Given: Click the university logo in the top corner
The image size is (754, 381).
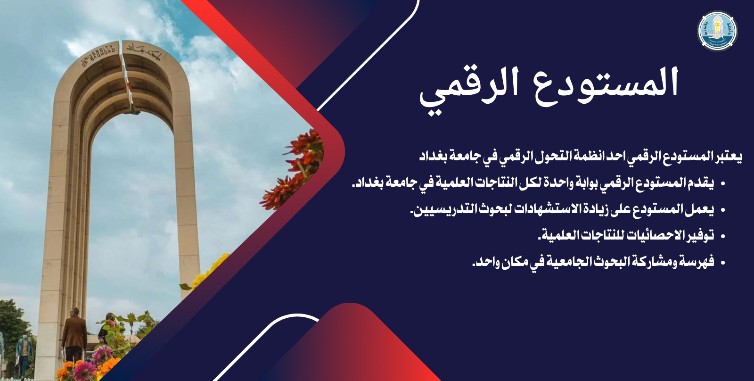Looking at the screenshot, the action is coord(717,31).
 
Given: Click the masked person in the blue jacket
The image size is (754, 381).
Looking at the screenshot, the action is coord(24,354).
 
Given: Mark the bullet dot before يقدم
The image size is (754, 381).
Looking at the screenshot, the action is coord(723,184).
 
